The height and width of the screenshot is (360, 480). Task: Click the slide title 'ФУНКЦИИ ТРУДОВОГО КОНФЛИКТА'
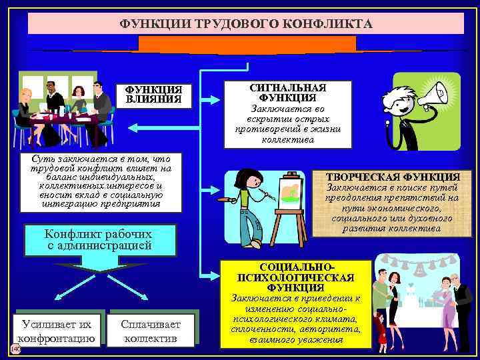pyautogui.click(x=246, y=24)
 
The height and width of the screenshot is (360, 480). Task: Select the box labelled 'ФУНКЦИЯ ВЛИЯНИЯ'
pyautogui.click(x=153, y=95)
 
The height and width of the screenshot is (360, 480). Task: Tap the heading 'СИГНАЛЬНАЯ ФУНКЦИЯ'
pyautogui.click(x=287, y=93)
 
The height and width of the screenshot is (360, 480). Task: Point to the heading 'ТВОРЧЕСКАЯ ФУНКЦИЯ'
pyautogui.click(x=393, y=177)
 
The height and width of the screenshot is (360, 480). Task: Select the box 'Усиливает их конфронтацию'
pyautogui.click(x=57, y=331)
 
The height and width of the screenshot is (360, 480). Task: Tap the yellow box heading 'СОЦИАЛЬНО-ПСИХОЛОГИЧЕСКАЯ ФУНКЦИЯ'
pyautogui.click(x=296, y=277)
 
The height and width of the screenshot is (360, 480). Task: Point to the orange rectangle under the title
pyautogui.click(x=247, y=45)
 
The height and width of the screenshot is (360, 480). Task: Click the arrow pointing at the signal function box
pyautogui.click(x=210, y=99)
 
